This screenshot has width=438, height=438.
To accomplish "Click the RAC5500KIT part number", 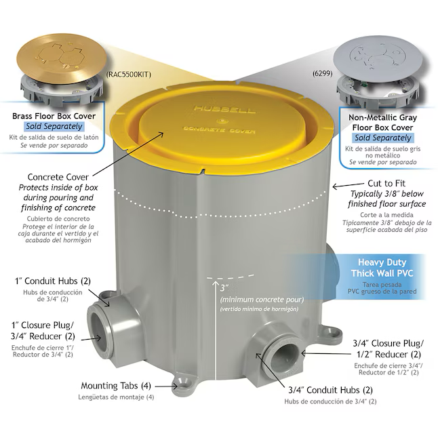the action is [129, 75].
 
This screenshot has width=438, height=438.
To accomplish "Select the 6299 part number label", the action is [322, 73].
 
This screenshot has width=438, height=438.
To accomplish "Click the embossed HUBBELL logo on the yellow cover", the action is [224, 109].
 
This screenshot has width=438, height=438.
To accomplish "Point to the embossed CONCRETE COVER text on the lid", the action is [219, 130].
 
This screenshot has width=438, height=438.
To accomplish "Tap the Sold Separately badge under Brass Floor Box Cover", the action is [54, 126].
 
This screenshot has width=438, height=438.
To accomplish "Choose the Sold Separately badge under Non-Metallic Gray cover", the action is [382, 138].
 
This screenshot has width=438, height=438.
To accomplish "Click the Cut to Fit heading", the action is [386, 183].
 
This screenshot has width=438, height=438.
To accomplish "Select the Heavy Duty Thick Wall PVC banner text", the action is [382, 268].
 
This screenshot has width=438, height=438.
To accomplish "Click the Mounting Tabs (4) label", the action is [116, 386].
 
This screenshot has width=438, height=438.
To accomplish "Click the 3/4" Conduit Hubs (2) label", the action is [330, 390].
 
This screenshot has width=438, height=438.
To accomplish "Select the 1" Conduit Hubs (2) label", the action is [53, 281].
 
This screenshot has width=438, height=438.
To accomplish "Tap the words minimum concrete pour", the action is [262, 300].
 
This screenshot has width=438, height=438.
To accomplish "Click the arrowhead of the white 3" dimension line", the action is [216, 283].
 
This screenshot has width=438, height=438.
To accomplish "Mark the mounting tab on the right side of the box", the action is [332, 332].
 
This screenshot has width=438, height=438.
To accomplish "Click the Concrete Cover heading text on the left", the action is [58, 177].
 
